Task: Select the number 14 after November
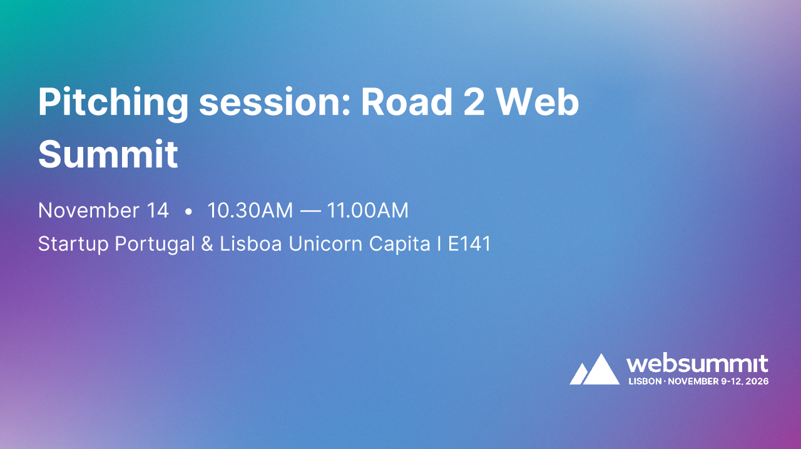pyautogui.click(x=156, y=211)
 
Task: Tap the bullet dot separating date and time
pyautogui.click(x=188, y=212)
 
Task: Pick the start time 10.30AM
pyautogui.click(x=250, y=211)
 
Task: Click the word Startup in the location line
pyautogui.click(x=73, y=244)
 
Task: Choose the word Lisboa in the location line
pyautogui.click(x=251, y=244)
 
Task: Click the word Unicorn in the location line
pyautogui.click(x=325, y=244)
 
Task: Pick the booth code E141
pyautogui.click(x=469, y=244)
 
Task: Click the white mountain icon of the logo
pyautogui.click(x=594, y=370)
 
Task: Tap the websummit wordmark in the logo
pyautogui.click(x=697, y=364)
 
